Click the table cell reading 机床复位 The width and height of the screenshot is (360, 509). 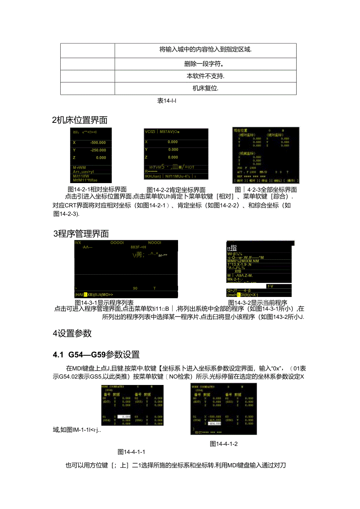(205, 88)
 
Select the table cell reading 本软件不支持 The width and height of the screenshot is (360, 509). (205, 76)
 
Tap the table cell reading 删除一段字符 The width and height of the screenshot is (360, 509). (205, 64)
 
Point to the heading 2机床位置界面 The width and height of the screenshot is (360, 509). (80, 120)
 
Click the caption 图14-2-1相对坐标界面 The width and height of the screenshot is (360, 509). (98, 190)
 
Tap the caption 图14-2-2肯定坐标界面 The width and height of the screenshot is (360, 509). (176, 190)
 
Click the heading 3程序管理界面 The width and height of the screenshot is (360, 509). (81, 234)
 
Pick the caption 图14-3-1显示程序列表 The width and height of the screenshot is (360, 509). (104, 302)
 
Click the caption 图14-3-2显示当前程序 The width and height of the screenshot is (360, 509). (258, 302)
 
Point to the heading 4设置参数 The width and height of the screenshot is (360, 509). (72, 333)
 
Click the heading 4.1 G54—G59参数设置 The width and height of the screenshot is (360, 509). (96, 355)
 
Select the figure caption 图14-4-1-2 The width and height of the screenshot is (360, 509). (224, 444)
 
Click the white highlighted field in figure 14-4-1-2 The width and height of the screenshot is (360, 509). (214, 423)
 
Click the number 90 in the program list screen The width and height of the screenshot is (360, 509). (135, 288)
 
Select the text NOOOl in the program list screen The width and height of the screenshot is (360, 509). (155, 243)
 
